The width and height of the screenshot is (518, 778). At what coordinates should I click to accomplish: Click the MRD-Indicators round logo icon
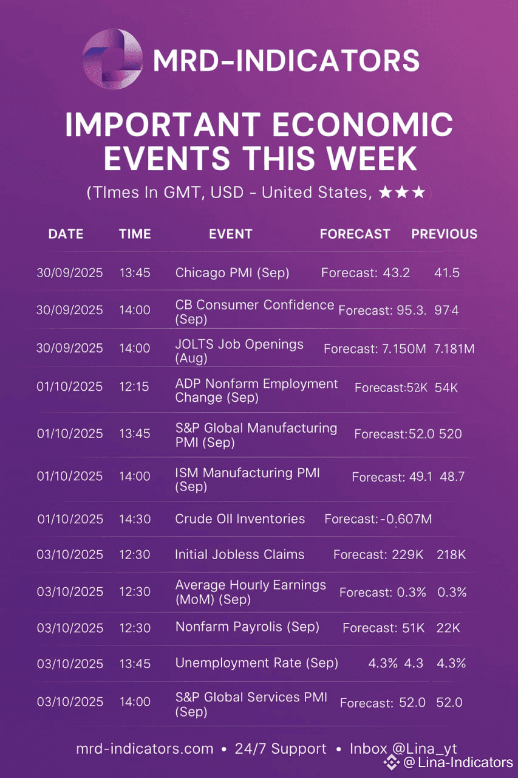[x=113, y=59]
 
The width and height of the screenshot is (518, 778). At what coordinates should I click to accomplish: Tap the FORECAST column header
[x=355, y=234]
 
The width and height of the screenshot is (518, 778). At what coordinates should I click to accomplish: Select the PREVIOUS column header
[x=445, y=234]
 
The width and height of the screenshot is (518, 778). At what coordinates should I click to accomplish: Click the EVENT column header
[x=230, y=234]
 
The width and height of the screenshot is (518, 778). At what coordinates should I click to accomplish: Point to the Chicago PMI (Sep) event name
[x=232, y=273]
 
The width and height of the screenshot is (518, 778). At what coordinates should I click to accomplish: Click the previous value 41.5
[x=447, y=273]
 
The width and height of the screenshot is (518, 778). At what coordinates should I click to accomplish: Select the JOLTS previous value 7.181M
[x=454, y=349]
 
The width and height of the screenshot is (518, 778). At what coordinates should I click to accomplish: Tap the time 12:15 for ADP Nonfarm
[x=134, y=387]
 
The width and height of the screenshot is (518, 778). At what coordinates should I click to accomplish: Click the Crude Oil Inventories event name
[x=240, y=519]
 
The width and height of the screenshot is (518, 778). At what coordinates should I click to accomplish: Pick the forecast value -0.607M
[x=406, y=519]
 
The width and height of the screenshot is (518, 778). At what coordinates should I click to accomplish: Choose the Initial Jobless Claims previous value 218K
[x=451, y=555]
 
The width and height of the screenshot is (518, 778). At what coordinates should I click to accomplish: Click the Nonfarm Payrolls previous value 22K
[x=448, y=628]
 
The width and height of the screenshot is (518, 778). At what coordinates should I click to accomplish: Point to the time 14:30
[x=135, y=519]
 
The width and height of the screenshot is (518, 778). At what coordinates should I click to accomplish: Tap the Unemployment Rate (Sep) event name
[x=256, y=663]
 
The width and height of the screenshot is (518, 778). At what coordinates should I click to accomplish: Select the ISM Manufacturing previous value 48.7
[x=452, y=477]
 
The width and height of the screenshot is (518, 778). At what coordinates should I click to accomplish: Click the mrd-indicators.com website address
[x=145, y=749]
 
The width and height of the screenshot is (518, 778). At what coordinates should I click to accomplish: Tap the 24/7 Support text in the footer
[x=281, y=749]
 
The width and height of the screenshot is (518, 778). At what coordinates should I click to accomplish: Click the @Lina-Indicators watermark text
[x=458, y=762]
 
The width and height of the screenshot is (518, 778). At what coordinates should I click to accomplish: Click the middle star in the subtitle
[x=403, y=192]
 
